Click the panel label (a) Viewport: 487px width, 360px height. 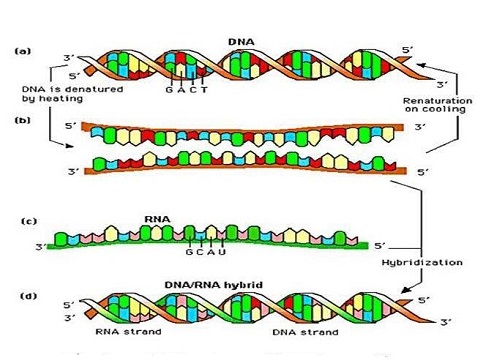(x=21, y=48)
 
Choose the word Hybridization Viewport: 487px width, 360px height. (x=433, y=262)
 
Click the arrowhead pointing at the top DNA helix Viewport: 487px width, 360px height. (x=419, y=62)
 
